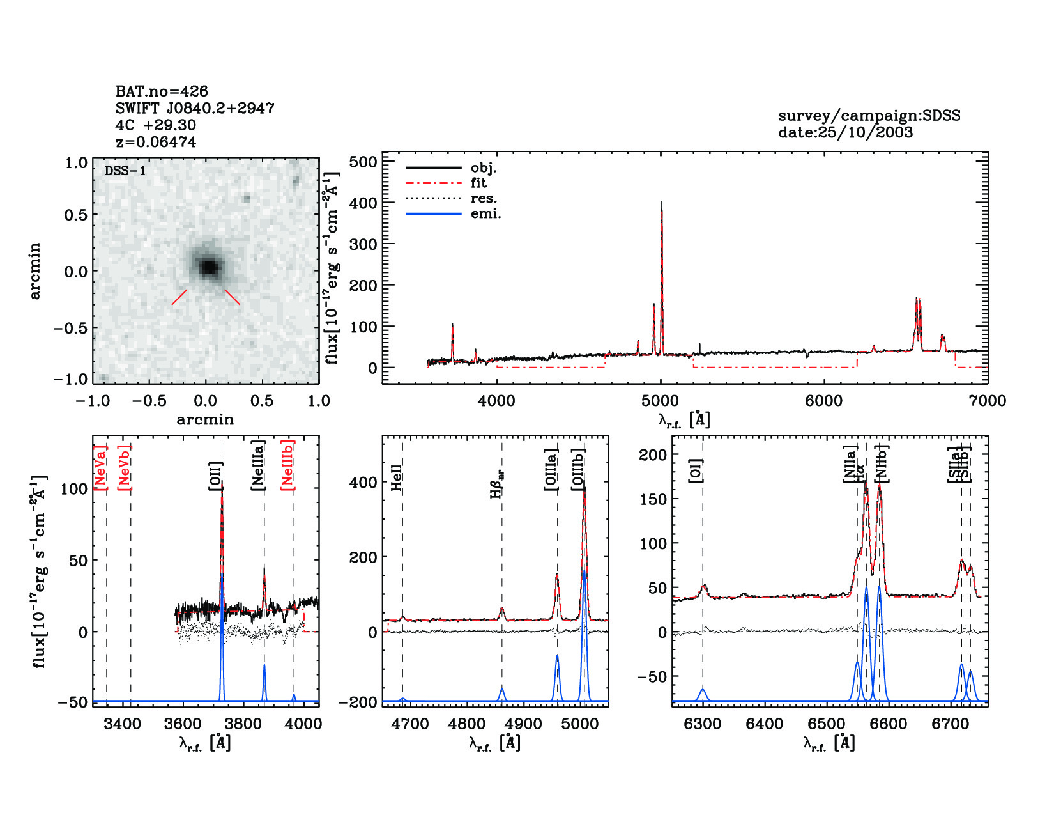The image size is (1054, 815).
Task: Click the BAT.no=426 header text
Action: [162, 91]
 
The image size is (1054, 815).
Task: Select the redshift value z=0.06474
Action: [156, 142]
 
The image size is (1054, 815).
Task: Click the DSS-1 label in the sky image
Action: [125, 171]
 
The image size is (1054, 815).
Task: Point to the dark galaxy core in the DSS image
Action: [208, 266]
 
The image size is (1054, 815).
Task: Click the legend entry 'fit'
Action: [478, 183]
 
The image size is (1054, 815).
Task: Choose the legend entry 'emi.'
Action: [485, 214]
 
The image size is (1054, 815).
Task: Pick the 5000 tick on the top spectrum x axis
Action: [660, 401]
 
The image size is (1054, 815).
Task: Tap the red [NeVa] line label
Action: [101, 467]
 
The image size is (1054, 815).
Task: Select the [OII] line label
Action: [216, 476]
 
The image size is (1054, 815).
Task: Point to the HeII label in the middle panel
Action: [397, 477]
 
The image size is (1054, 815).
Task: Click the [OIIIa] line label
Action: [551, 469]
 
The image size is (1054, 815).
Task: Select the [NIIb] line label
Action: [882, 463]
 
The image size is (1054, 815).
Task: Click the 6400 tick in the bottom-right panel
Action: [765, 724]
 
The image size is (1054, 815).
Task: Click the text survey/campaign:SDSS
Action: [869, 116]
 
